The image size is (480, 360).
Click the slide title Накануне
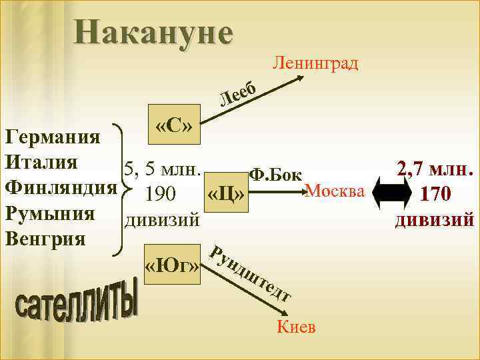154,31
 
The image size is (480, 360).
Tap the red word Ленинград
316,63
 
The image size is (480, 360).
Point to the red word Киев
295,327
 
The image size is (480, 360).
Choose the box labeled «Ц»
227,194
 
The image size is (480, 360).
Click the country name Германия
52,138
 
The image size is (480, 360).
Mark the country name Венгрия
45,238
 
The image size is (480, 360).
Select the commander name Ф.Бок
275,174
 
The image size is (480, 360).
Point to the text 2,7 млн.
435,168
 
